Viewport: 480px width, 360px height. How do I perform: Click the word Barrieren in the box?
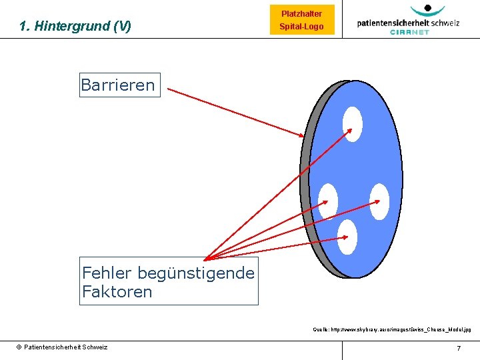click(118, 85)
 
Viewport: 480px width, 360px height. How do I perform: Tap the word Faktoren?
click(117, 291)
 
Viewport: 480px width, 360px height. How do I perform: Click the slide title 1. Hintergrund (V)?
click(75, 27)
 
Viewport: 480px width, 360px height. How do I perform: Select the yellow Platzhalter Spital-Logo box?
click(301, 21)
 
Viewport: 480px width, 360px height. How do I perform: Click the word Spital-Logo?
click(301, 27)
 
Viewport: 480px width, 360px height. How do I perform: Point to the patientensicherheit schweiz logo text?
click(408, 22)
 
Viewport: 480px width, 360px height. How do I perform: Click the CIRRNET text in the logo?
click(409, 31)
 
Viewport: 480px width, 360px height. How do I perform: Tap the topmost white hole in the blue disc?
click(352, 124)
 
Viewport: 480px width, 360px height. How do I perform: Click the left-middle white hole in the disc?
click(327, 200)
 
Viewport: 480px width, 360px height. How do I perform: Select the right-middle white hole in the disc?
click(379, 200)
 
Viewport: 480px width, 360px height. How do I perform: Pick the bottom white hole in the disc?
click(347, 236)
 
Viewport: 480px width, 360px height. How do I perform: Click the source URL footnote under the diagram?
click(392, 329)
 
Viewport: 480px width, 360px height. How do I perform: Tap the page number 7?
click(459, 348)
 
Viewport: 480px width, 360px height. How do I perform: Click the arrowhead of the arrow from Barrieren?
click(302, 135)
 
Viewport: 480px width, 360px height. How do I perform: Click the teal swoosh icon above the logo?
click(427, 9)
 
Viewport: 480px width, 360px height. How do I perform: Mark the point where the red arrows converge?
click(205, 259)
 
